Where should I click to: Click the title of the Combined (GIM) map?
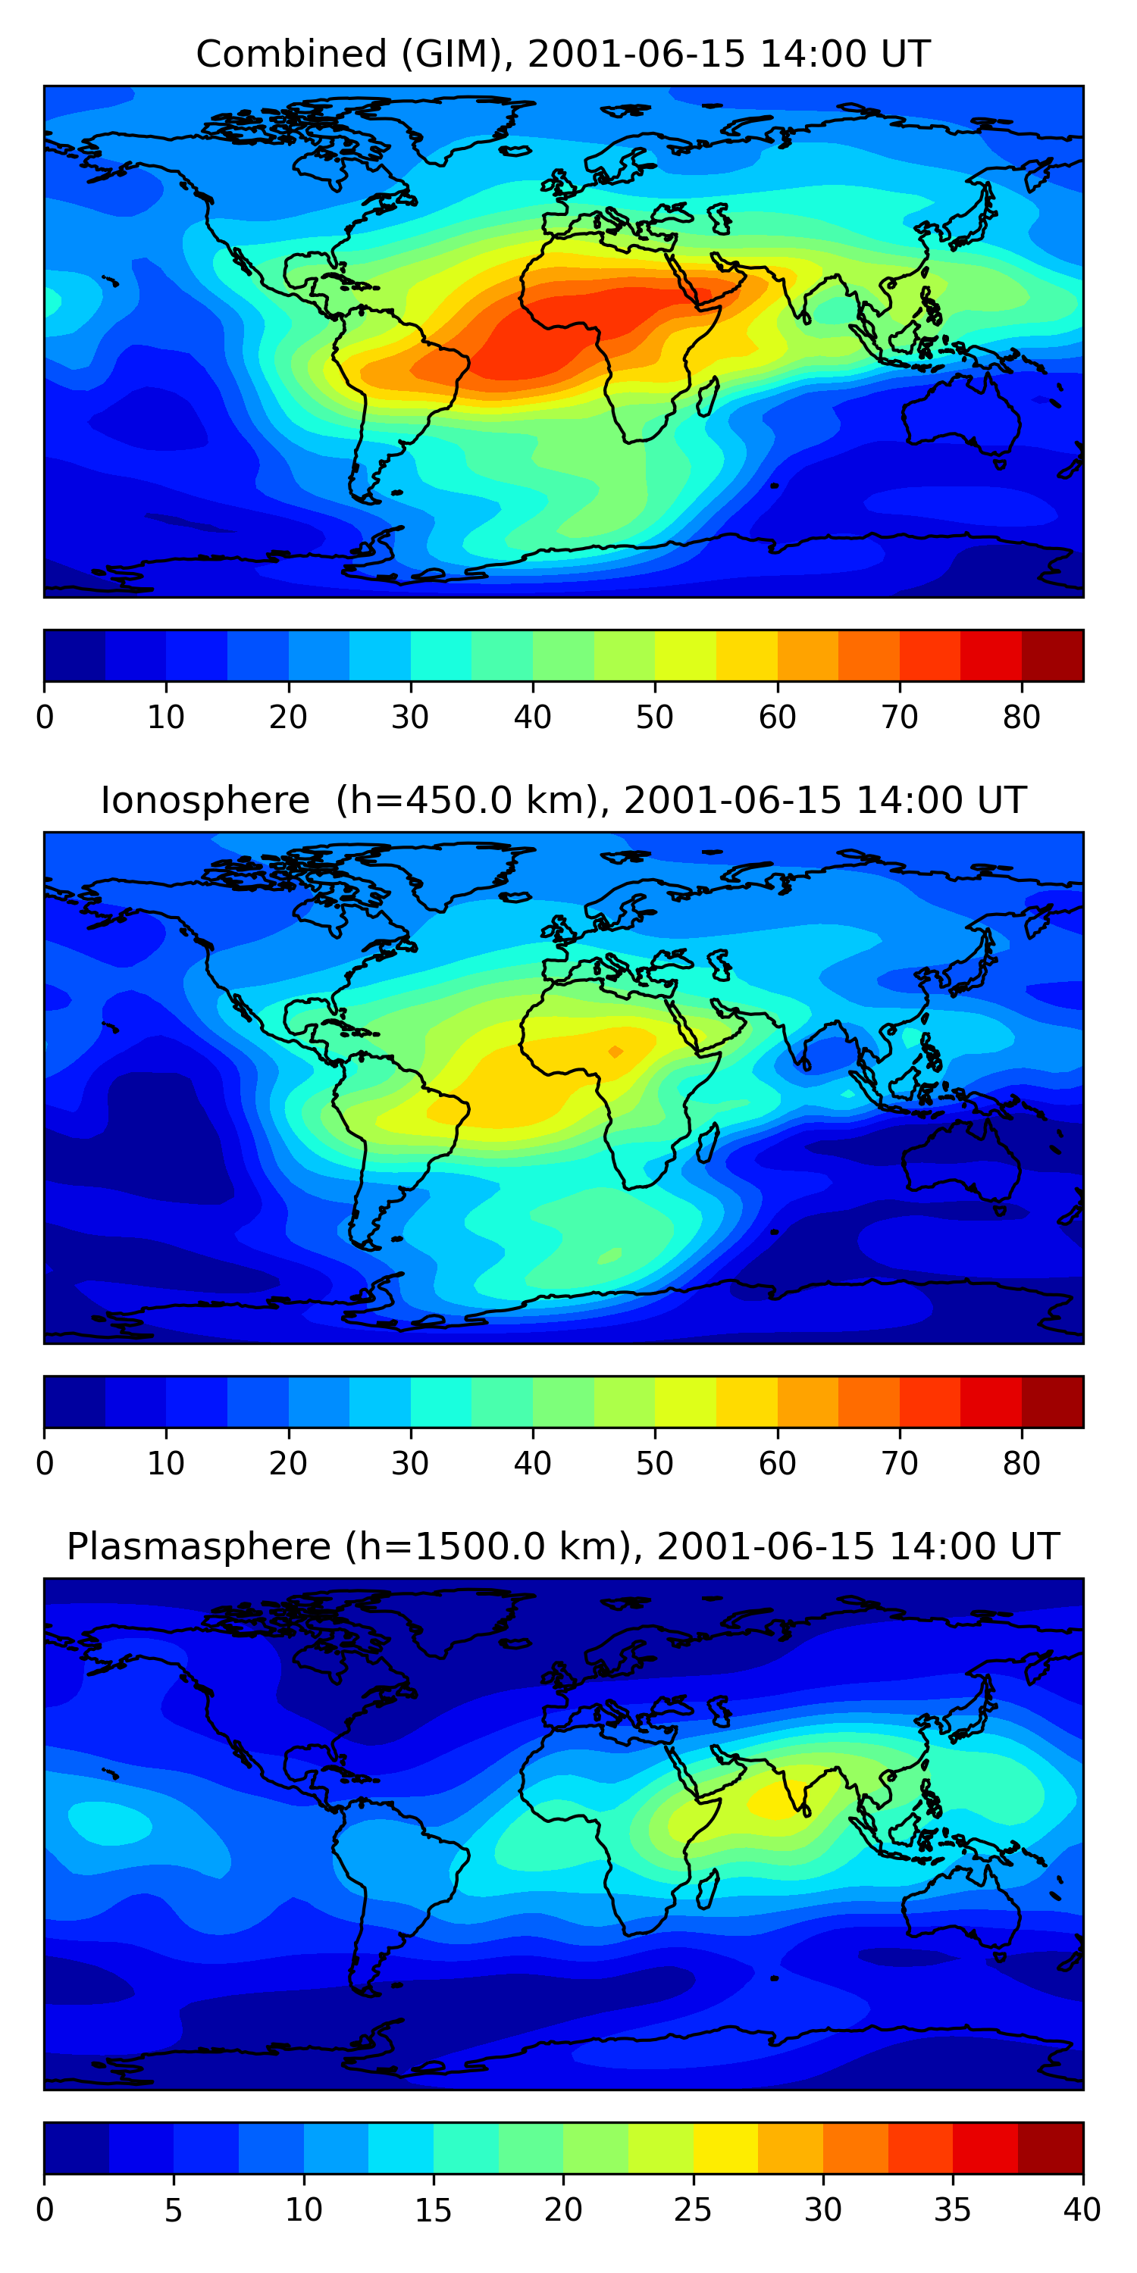point(562,54)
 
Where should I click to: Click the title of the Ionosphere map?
point(562,800)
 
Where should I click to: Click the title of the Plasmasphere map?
point(562,1547)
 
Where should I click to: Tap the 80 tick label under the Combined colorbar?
point(1021,718)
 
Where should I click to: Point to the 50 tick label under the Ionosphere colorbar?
point(654,1464)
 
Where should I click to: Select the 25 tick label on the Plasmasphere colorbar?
point(693,2210)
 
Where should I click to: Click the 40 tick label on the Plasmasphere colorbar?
point(1082,2210)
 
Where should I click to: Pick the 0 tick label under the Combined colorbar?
point(45,718)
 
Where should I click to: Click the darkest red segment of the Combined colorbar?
point(1052,655)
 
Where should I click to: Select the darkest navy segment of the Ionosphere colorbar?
point(75,1402)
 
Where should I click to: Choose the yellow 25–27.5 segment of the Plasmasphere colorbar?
point(725,2149)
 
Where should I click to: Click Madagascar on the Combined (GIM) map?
point(707,397)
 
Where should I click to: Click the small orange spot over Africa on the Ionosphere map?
point(615,1051)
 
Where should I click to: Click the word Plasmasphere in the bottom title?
point(199,1547)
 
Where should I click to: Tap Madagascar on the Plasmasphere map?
point(707,1890)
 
